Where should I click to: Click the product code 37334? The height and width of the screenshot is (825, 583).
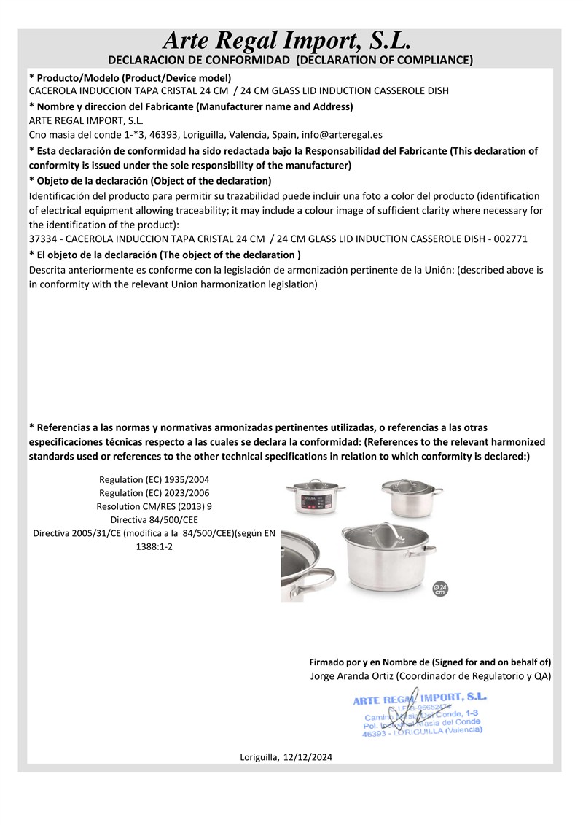[43, 239]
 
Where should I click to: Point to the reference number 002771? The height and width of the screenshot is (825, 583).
[511, 239]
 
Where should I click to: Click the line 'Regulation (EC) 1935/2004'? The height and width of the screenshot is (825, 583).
[154, 479]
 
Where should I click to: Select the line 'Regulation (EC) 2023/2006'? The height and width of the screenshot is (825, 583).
[154, 492]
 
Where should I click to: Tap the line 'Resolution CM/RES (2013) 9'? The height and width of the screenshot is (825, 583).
[154, 506]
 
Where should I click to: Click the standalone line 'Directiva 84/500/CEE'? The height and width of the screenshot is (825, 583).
[154, 519]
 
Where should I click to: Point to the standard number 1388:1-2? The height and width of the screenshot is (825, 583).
[154, 546]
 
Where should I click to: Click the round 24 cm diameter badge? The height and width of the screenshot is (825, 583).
[439, 589]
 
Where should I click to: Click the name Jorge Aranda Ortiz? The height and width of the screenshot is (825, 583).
[347, 676]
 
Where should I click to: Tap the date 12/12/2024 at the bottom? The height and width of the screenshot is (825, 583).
[308, 758]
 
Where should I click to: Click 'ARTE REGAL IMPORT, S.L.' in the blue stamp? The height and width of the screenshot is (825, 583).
[419, 699]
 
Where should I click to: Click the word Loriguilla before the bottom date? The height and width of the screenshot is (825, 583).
[259, 758]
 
